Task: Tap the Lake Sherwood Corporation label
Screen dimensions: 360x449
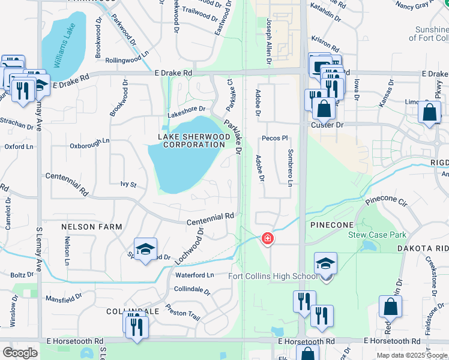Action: point(194,141)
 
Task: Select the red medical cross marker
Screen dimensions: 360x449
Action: point(267,239)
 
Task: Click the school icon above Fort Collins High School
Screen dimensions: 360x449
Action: point(325,263)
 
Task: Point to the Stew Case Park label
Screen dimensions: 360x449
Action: point(377,235)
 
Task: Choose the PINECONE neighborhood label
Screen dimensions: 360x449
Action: point(331,224)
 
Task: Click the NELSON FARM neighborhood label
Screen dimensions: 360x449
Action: point(91,227)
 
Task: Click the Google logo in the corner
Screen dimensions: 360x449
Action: point(20,353)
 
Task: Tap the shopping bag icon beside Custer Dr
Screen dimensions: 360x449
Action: point(324,109)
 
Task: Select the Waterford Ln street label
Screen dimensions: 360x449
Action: point(194,275)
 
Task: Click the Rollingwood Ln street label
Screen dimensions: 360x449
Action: point(127,61)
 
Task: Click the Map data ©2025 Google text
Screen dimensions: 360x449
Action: point(412,355)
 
